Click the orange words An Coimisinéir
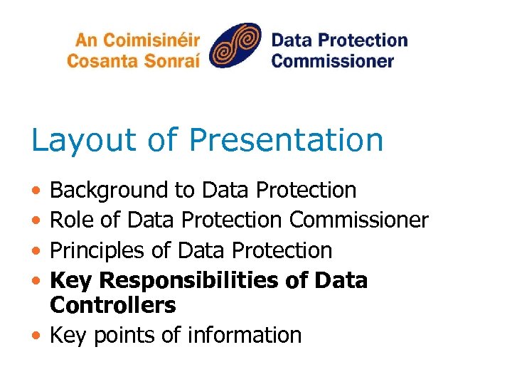133,40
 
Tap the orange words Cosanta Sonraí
133,60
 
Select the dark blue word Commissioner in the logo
332,60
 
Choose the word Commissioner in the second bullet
359,220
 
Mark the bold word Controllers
113,305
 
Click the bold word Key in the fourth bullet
71,281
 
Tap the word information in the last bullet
245,335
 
